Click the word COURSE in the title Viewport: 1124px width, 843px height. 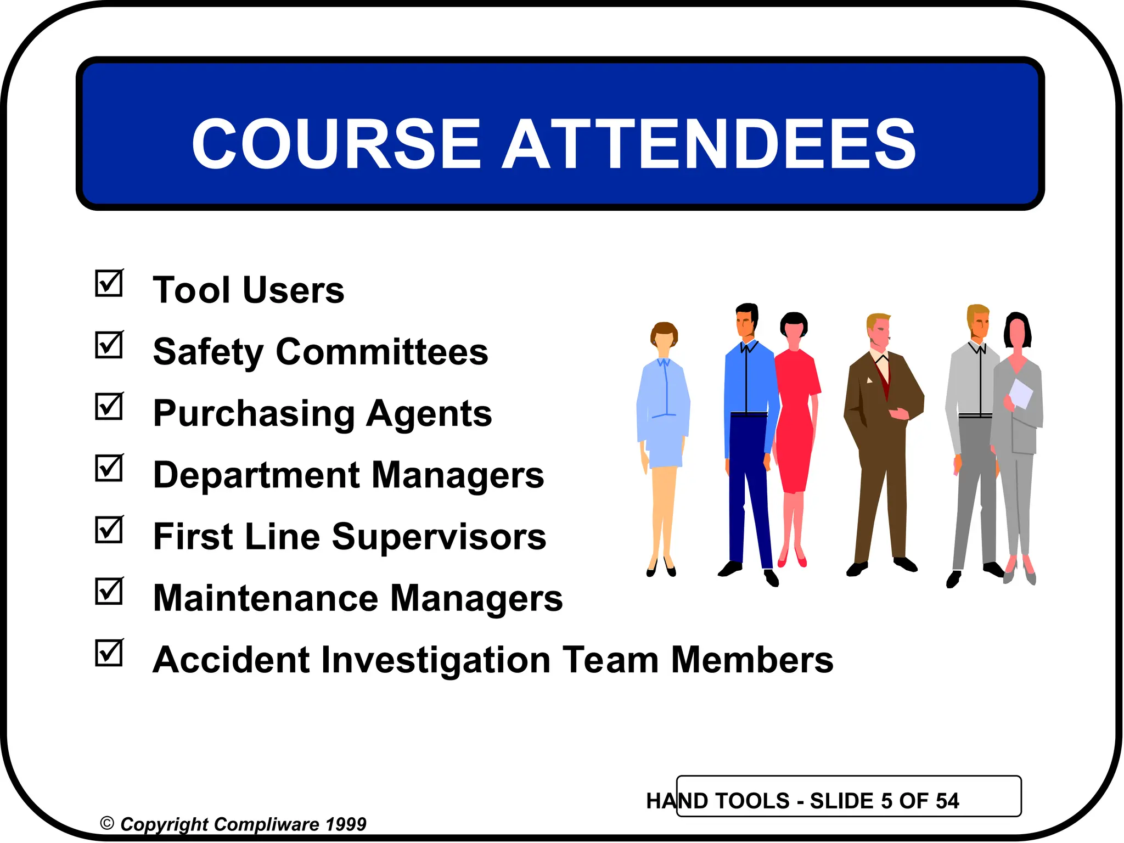click(336, 144)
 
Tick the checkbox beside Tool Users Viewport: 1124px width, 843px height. click(109, 283)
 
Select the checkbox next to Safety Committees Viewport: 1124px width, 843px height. click(109, 345)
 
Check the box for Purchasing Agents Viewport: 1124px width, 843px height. click(109, 407)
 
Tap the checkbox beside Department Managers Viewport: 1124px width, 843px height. click(109, 468)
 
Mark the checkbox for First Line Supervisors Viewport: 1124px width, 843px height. click(109, 530)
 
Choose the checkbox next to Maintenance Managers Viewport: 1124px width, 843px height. click(109, 591)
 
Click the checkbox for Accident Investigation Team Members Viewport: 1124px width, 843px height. click(109, 653)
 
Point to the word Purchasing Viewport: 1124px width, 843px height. click(254, 414)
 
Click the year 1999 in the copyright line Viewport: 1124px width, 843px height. click(345, 824)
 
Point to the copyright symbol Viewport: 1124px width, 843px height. click(107, 823)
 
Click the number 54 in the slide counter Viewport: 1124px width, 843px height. click(947, 801)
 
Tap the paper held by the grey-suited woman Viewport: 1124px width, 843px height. click(1021, 393)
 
